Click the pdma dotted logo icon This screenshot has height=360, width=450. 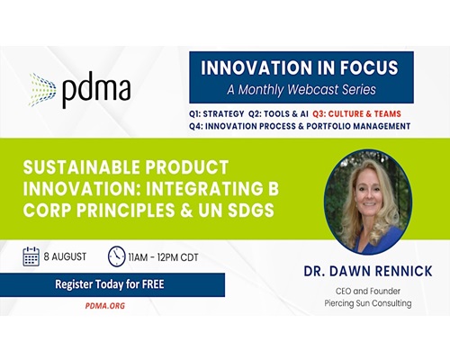pos(42,90)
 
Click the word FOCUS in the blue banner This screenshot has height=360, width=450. pos(369,67)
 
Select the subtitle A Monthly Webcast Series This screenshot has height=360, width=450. pos(301,89)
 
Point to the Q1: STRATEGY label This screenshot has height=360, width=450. pos(217,114)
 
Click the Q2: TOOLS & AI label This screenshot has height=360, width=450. pos(278,114)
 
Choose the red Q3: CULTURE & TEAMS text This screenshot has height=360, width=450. pos(356,114)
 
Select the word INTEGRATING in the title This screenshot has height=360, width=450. pos(203,189)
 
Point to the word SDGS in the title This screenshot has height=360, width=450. pos(251,211)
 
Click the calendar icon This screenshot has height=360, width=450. pos(31,256)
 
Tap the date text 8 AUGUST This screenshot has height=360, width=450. pos(65,256)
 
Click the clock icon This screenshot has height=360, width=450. pos(116,256)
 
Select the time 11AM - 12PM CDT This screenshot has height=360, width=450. pos(163,257)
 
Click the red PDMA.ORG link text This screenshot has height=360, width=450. pos(105,306)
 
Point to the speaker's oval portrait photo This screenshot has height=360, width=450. pos(368,202)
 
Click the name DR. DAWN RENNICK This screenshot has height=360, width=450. pos(368,271)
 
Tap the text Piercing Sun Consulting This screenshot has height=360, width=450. pos(368,303)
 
